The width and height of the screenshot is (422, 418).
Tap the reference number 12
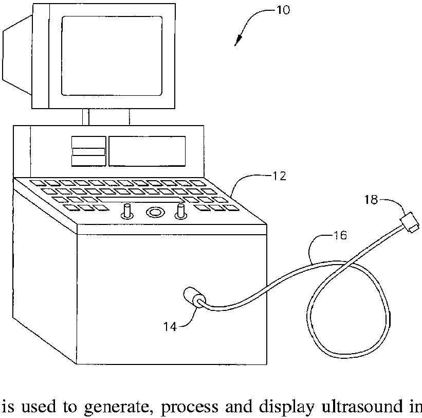[x=279, y=176]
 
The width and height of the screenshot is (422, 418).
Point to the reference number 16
[x=340, y=236]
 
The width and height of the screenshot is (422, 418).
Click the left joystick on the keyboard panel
[x=127, y=211]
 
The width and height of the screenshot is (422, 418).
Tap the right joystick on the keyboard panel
[x=180, y=210]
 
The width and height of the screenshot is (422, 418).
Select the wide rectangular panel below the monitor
[x=147, y=151]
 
